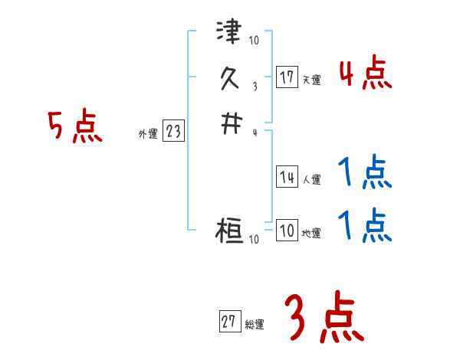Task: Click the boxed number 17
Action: pyautogui.click(x=287, y=77)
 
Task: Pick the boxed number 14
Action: pyautogui.click(x=287, y=178)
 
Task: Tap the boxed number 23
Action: pyautogui.click(x=173, y=132)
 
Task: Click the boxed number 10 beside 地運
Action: pyautogui.click(x=287, y=231)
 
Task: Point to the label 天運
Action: pyautogui.click(x=311, y=80)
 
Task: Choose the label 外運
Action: pyautogui.click(x=148, y=134)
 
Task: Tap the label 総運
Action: pyautogui.click(x=254, y=325)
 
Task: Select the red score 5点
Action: pyautogui.click(x=75, y=126)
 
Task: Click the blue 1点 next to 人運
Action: pyautogui.click(x=365, y=173)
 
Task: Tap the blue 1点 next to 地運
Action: pyautogui.click(x=365, y=225)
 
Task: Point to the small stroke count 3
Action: pyautogui.click(x=255, y=86)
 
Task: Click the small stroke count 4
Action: pyautogui.click(x=255, y=132)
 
